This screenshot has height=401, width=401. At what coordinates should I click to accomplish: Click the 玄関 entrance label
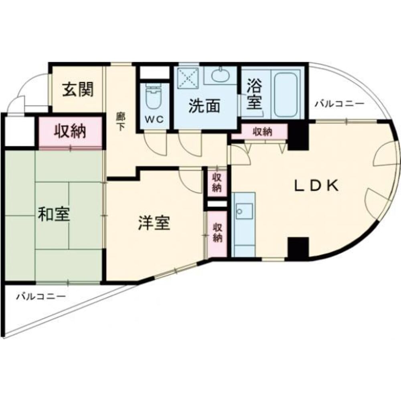[77, 90]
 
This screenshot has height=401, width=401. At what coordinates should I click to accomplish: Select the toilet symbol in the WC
[153, 98]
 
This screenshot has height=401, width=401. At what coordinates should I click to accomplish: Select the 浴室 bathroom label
[254, 95]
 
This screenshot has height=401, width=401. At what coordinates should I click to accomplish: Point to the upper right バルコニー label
[339, 104]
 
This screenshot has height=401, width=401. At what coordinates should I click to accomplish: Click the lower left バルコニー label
[41, 297]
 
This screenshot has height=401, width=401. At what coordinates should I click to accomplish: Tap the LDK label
[317, 185]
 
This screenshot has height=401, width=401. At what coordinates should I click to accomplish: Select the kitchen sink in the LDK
[244, 211]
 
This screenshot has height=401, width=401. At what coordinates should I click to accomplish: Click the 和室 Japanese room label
[54, 215]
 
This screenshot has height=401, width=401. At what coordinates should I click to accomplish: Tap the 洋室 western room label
[154, 224]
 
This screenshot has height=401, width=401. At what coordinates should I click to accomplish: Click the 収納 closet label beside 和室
[70, 132]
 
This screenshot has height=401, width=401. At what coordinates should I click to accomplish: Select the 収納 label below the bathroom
[262, 131]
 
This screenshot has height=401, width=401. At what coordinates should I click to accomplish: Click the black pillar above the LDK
[298, 135]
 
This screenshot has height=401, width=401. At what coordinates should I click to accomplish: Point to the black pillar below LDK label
[298, 248]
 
